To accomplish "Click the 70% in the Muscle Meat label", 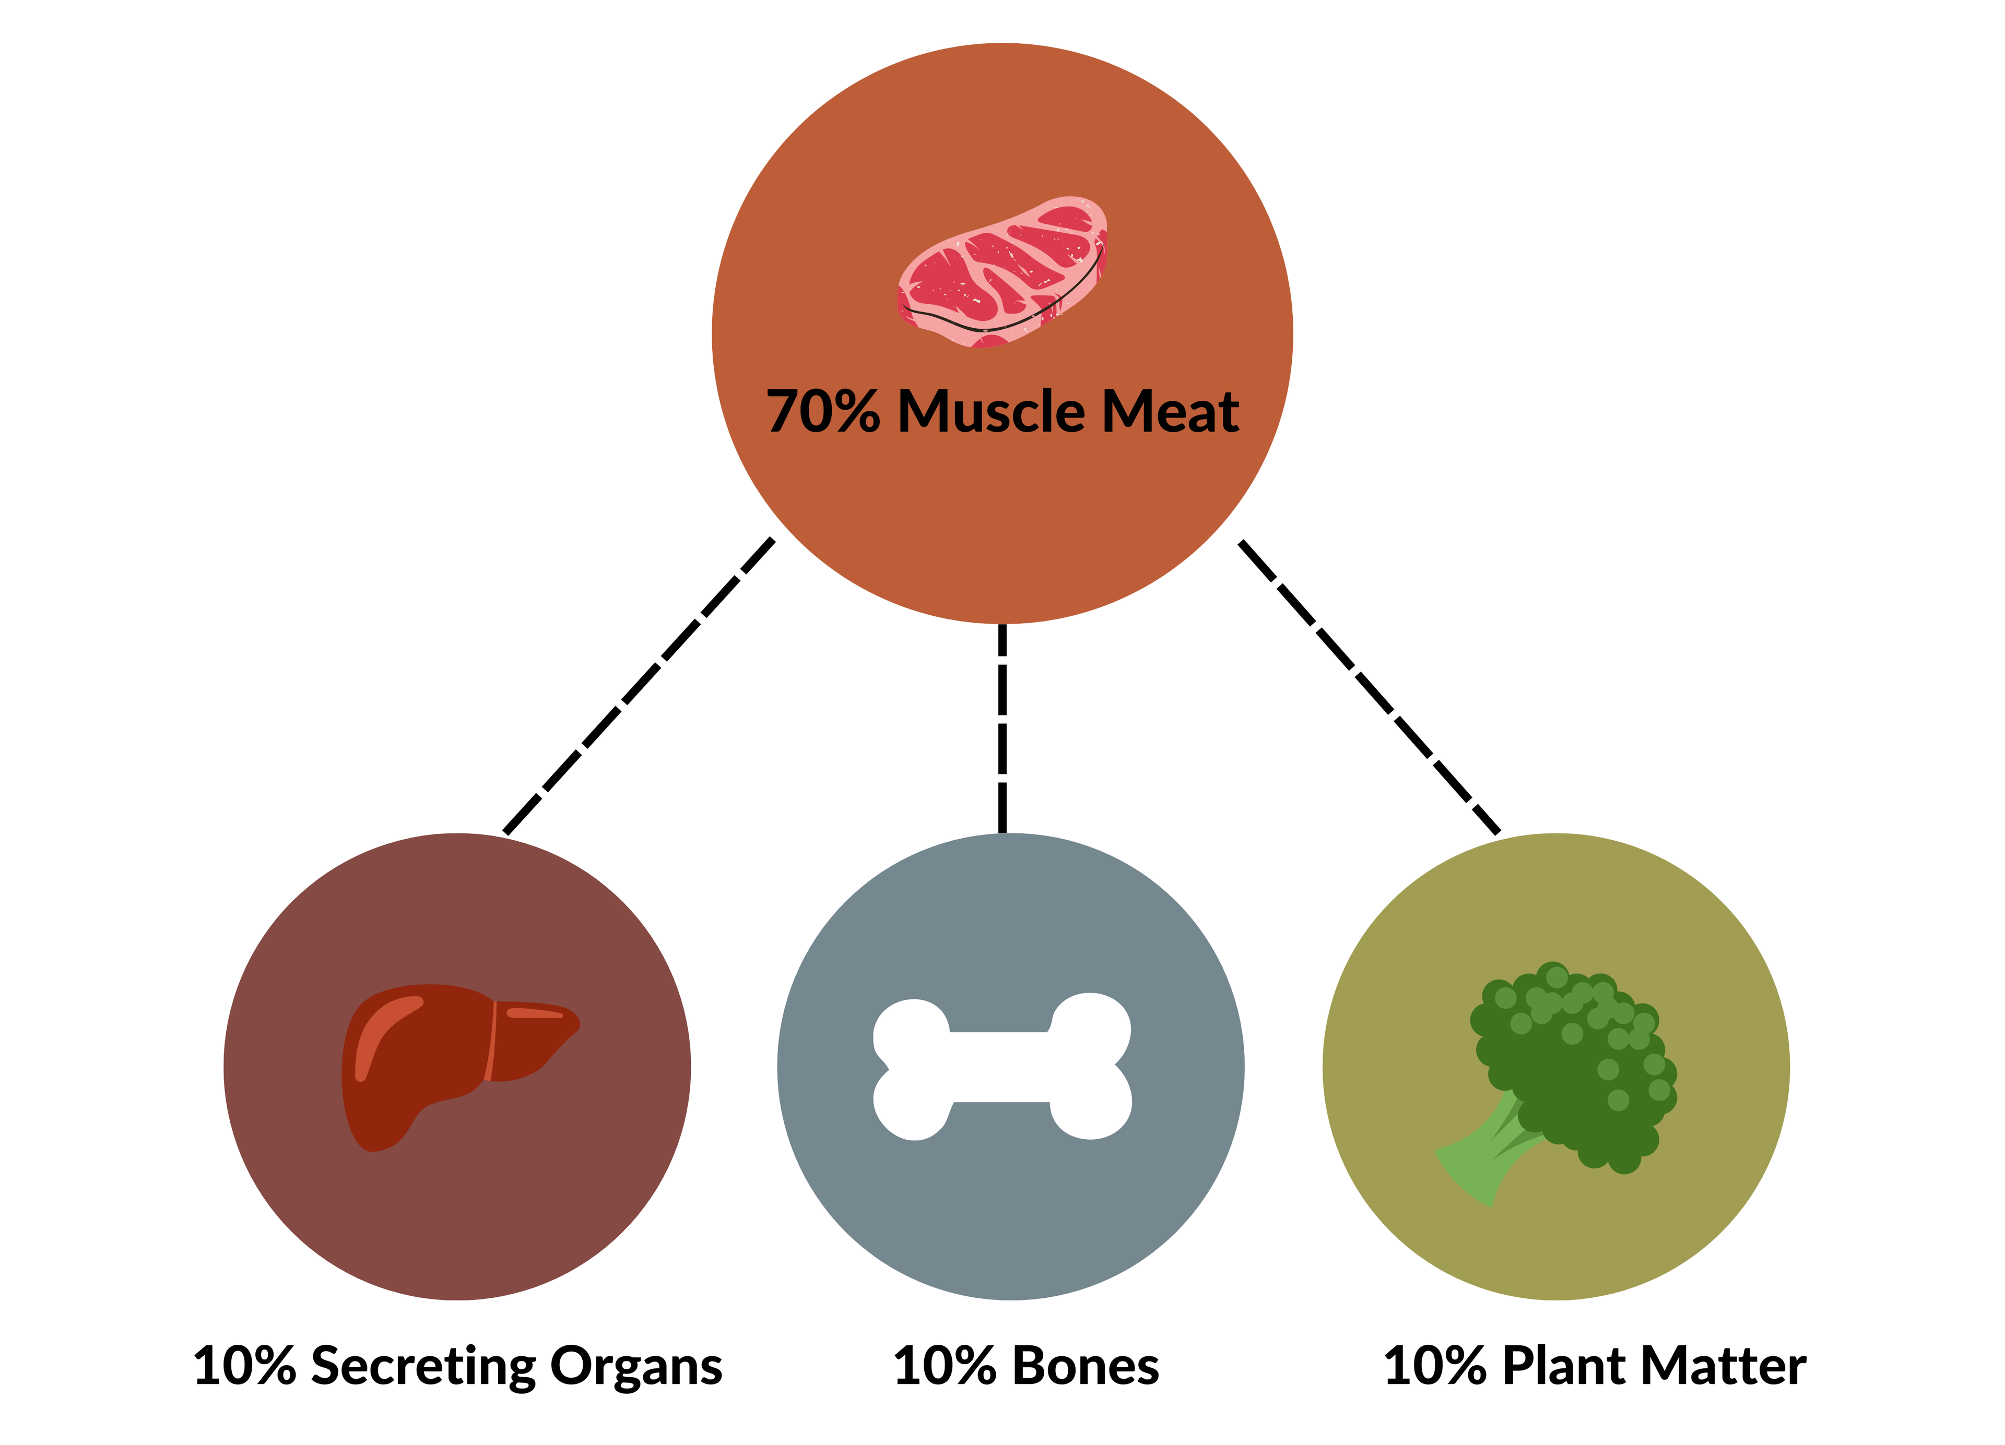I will pyautogui.click(x=823, y=412).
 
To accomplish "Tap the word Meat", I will pyautogui.click(x=1171, y=412).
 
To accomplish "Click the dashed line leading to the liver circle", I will pyautogui.click(x=639, y=686).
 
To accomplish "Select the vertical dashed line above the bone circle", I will pyautogui.click(x=1002, y=729).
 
